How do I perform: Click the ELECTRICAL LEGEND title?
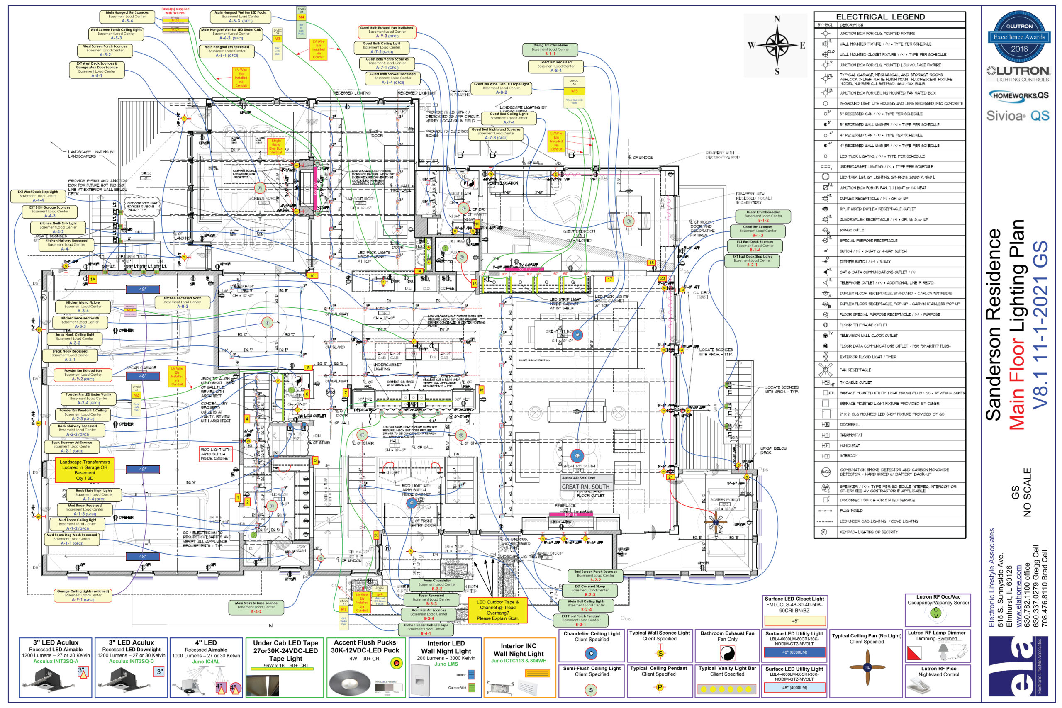(880, 17)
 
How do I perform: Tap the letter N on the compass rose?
(777, 19)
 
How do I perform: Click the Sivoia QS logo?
(1017, 116)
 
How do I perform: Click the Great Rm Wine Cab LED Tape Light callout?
(501, 88)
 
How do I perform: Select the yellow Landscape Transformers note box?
(85, 470)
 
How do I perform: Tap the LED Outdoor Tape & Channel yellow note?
(497, 610)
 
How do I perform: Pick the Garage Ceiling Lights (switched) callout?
(83, 595)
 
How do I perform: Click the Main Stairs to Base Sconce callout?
(256, 607)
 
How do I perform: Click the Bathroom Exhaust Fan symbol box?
(727, 646)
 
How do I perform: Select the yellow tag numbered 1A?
(93, 280)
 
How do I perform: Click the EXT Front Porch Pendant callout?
(581, 620)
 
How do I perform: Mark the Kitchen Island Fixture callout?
(83, 307)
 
